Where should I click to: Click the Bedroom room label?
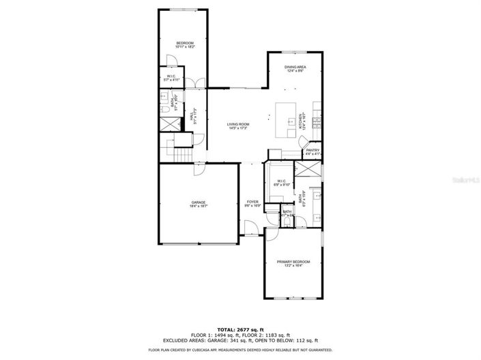185,44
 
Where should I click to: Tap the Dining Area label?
295,67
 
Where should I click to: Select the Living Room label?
238,124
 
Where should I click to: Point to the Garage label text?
199,202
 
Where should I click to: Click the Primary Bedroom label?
293,262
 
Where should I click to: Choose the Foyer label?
252,202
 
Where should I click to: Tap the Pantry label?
312,151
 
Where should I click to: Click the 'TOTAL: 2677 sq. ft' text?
240,328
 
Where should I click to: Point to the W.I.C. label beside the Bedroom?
172,78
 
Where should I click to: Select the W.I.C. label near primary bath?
280,181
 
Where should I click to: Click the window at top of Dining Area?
294,52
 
